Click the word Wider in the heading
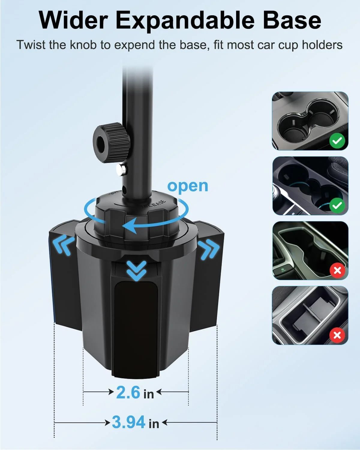tap(73, 21)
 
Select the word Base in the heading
tap(292, 21)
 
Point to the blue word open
tap(187, 186)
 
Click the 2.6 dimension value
tap(128, 392)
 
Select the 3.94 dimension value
tap(129, 422)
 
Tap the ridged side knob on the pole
tap(111, 142)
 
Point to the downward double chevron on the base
tap(136, 270)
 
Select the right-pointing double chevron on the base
tap(208, 249)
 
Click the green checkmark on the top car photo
tap(337, 141)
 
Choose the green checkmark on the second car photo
tap(337, 205)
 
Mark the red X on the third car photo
tap(337, 271)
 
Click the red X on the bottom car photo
tap(337, 335)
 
